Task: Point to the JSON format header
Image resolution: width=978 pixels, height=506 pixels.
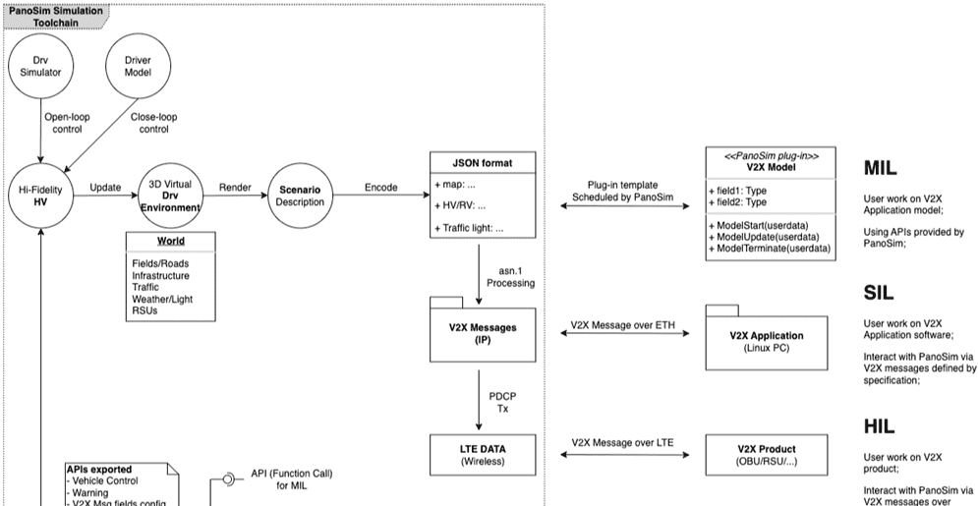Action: pyautogui.click(x=482, y=161)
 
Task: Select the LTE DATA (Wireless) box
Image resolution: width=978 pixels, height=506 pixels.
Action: pyautogui.click(x=482, y=455)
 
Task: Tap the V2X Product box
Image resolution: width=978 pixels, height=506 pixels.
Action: pyautogui.click(x=767, y=455)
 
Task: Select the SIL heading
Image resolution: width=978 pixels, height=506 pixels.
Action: pyautogui.click(x=880, y=293)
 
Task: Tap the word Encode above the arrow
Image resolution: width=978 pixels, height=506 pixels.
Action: pyautogui.click(x=381, y=187)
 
